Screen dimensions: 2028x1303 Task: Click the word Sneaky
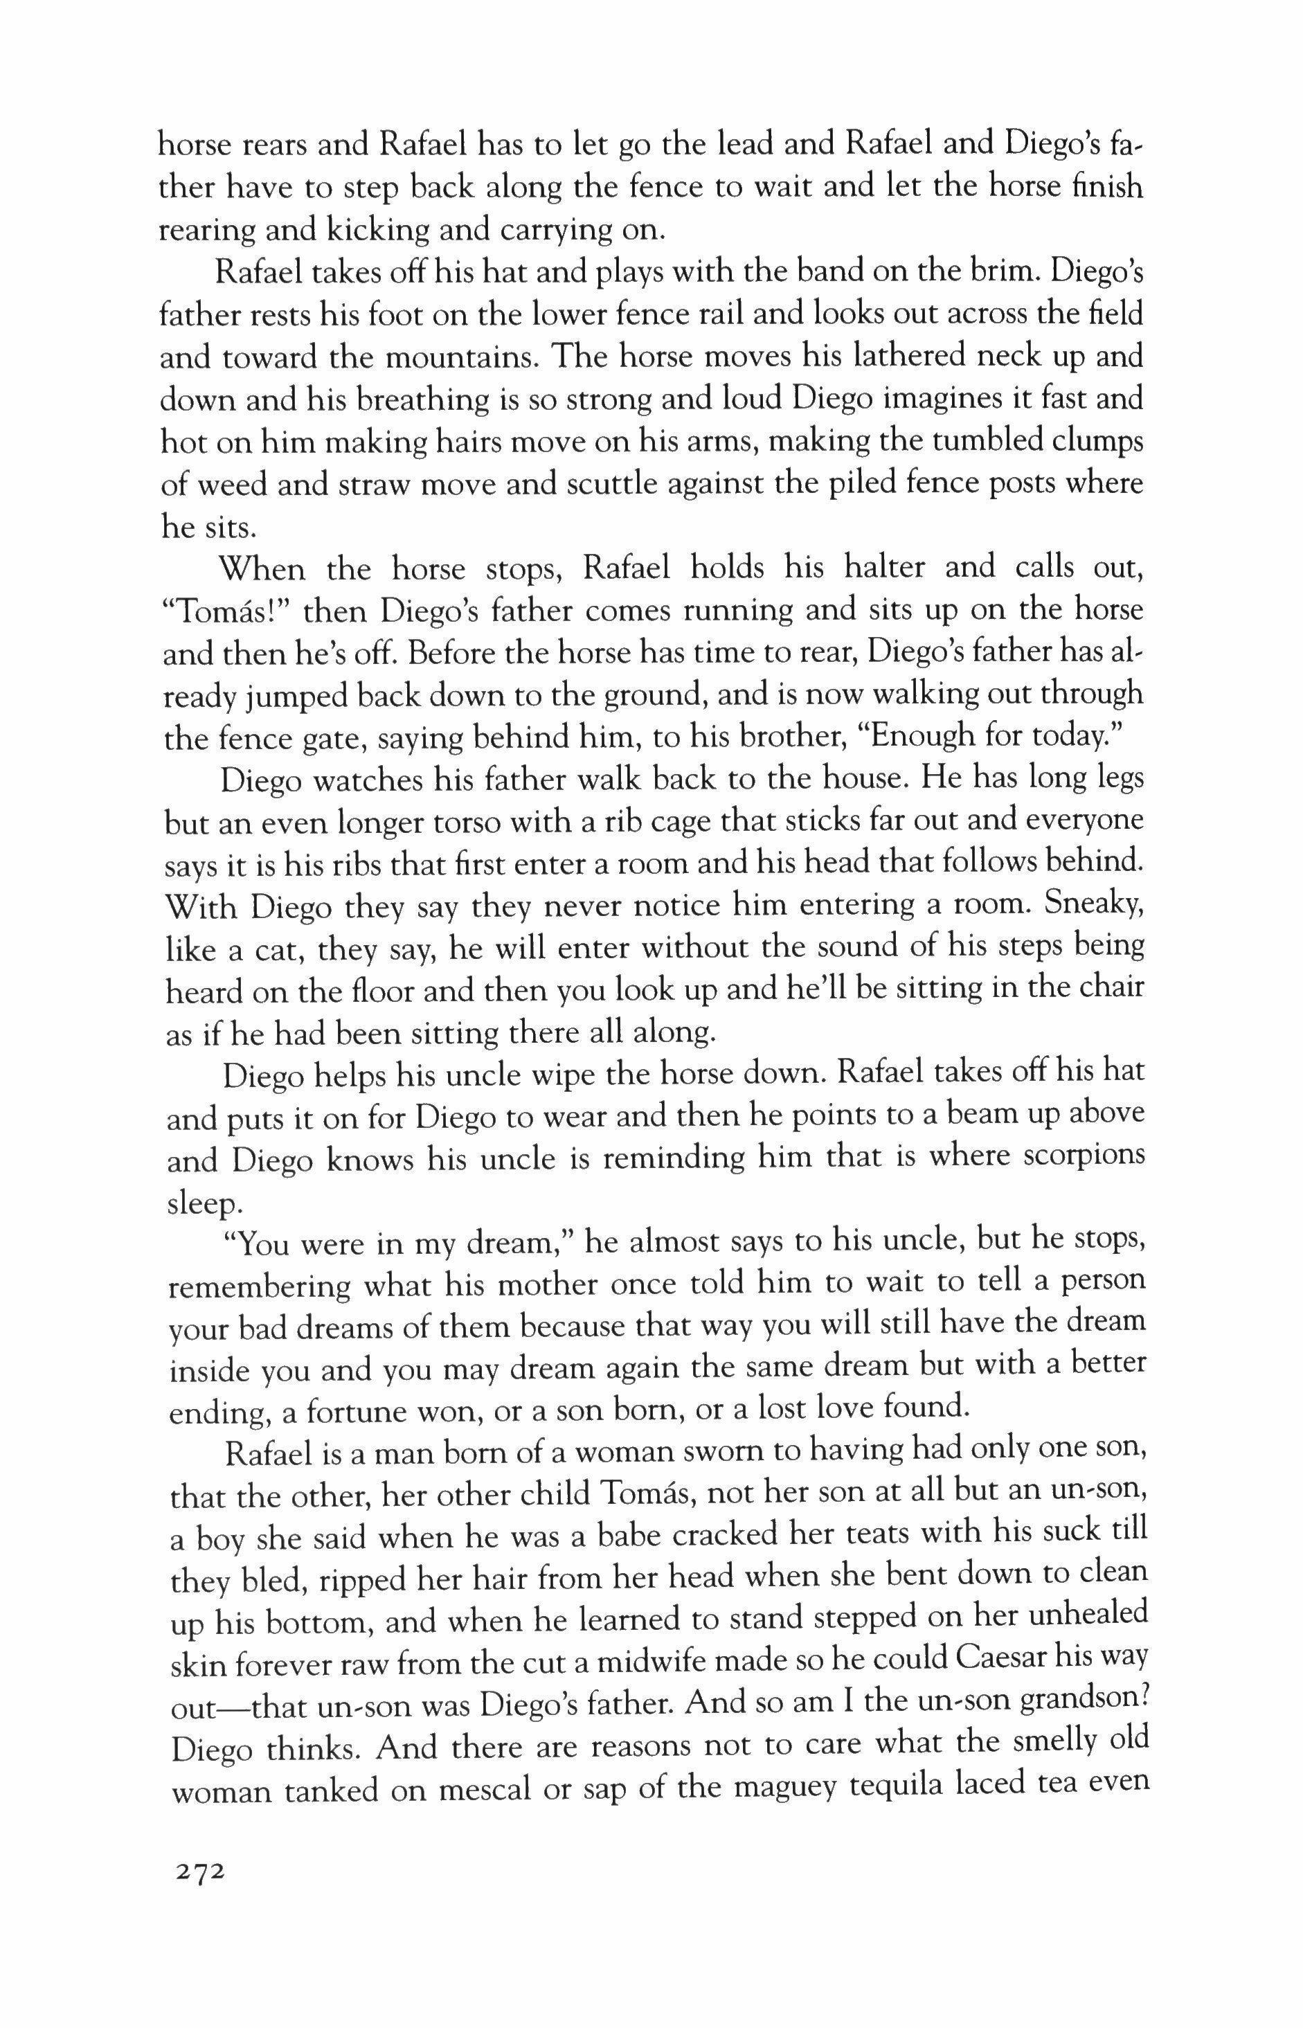(1091, 904)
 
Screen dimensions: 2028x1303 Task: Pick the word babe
(613, 1533)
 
